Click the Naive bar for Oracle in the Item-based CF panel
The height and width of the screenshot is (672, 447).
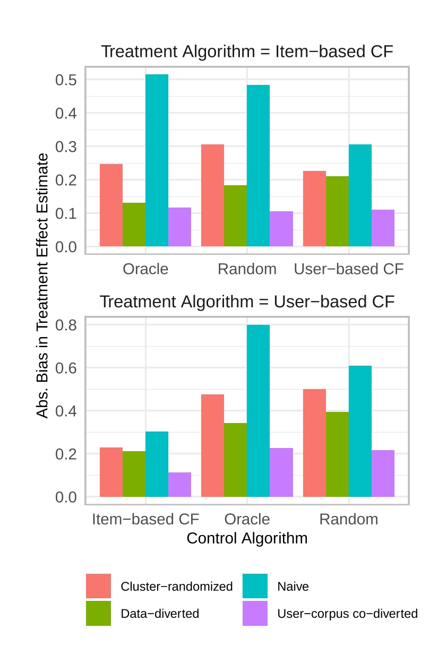point(157,160)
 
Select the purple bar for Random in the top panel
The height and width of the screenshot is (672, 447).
point(281,229)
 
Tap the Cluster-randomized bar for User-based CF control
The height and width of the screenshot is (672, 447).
point(314,209)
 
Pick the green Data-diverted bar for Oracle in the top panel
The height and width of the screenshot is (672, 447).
point(134,225)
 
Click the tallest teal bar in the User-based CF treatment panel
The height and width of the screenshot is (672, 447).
point(258,411)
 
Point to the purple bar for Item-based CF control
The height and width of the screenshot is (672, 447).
point(179,485)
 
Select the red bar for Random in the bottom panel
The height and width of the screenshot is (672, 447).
point(314,443)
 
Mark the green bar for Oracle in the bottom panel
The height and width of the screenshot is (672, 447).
point(235,460)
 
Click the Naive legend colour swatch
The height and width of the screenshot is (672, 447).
point(255,586)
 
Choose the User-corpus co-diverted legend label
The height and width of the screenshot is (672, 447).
point(347,614)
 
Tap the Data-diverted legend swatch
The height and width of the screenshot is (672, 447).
point(98,613)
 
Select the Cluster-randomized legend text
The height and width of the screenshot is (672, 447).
point(177,587)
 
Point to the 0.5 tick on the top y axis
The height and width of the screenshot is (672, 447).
point(66,80)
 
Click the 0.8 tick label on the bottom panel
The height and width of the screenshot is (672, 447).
point(66,325)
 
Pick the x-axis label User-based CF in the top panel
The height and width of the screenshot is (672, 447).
point(349,269)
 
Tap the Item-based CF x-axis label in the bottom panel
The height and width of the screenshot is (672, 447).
point(145,519)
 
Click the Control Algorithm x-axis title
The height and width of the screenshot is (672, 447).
point(247,538)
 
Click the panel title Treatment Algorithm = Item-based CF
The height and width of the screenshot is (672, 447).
point(247,52)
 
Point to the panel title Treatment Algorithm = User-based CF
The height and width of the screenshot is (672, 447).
point(247,301)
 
